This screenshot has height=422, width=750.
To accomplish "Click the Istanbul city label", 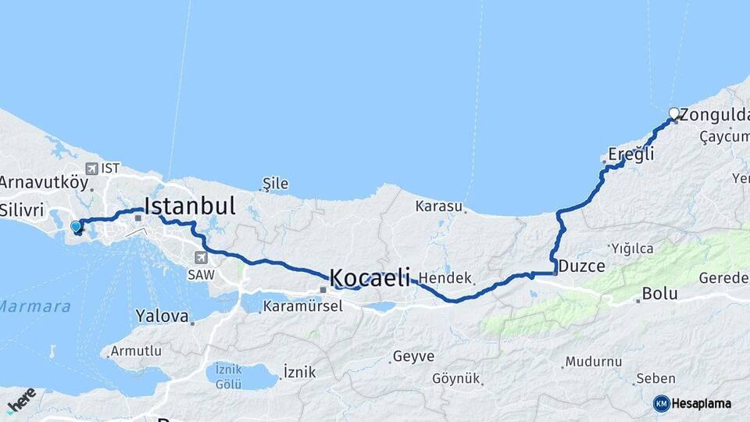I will [x=190, y=206].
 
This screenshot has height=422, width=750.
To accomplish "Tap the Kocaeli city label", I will [x=370, y=277].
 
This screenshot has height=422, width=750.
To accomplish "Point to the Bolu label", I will [x=659, y=294].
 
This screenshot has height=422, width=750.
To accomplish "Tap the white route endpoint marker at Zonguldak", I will [x=673, y=113].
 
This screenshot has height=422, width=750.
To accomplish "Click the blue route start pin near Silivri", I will [x=76, y=227].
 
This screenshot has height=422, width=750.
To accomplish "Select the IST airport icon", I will [x=92, y=168].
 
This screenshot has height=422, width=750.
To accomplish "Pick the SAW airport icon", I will [x=201, y=257].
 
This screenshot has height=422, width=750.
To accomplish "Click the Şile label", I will [x=275, y=184].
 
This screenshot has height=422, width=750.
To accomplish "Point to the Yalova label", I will [x=162, y=317].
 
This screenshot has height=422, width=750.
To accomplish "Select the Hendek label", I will [x=445, y=278].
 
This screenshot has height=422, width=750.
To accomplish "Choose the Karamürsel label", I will [x=303, y=306].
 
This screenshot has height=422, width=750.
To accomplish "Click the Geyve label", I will [x=413, y=356].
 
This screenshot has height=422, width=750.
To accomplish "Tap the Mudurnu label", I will [x=594, y=362].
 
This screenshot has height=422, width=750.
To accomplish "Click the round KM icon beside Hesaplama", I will [x=661, y=403].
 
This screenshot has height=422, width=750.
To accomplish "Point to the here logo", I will [x=21, y=400].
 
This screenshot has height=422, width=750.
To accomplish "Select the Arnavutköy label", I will [x=44, y=183].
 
